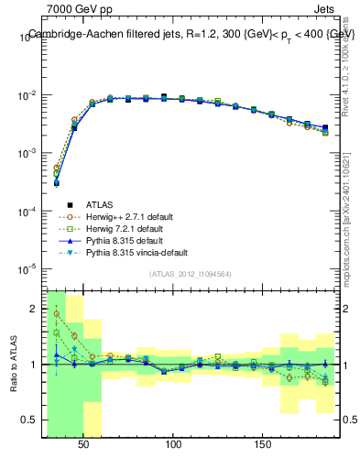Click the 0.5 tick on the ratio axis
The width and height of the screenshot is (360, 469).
(x=29, y=420)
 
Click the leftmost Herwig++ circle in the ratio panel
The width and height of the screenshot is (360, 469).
(x=57, y=314)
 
